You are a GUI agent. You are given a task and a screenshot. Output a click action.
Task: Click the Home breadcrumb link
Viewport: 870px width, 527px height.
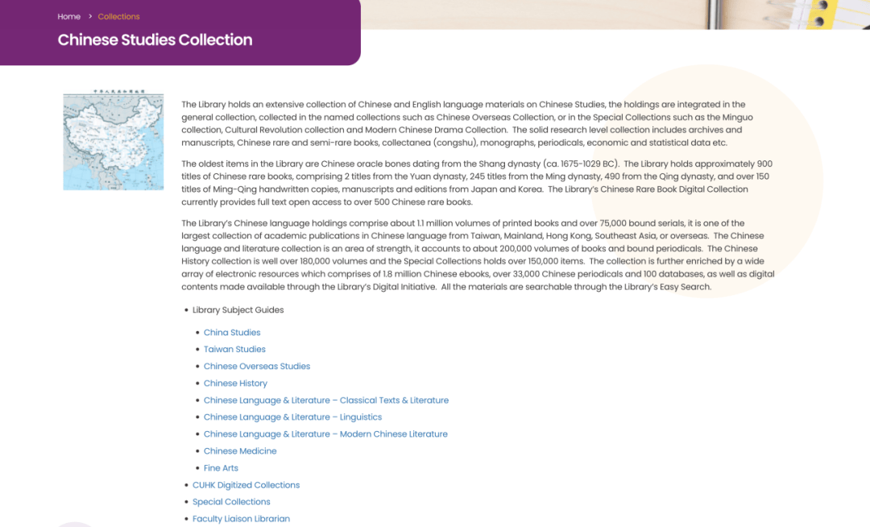click(68, 16)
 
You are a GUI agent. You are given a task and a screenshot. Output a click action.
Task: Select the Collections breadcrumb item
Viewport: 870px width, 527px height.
click(118, 16)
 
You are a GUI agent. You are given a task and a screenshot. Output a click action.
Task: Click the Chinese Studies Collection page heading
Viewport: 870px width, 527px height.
click(155, 40)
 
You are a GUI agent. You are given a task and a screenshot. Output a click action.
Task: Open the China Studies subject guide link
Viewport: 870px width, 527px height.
click(232, 332)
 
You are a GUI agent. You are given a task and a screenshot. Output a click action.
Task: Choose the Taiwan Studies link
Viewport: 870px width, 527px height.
click(234, 349)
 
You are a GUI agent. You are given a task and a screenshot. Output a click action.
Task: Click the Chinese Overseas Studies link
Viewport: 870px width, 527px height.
click(257, 366)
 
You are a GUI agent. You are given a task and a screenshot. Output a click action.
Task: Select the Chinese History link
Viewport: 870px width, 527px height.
click(235, 383)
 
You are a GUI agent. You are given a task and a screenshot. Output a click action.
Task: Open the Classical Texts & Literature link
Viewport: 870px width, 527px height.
click(326, 400)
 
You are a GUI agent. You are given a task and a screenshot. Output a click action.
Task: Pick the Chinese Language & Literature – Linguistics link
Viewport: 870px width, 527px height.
click(292, 417)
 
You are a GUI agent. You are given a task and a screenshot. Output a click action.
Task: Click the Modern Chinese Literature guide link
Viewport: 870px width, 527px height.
click(325, 434)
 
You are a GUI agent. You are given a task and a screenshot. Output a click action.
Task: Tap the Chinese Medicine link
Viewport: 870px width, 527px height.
click(240, 450)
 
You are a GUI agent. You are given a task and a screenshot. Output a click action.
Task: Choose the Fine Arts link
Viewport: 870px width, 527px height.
click(221, 467)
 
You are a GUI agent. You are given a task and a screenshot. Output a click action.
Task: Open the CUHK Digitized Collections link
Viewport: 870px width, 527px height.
click(246, 485)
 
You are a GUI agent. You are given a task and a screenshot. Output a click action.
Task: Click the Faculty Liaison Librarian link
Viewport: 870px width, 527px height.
click(241, 519)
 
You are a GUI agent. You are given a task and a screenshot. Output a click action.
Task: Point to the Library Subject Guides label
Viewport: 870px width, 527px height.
click(238, 310)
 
